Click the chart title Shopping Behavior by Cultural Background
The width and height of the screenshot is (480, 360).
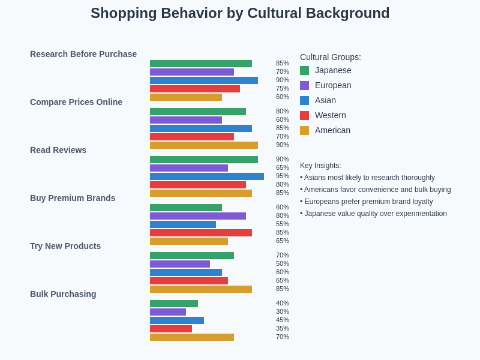tap(240, 13)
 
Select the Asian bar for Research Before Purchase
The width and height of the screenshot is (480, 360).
tap(204, 80)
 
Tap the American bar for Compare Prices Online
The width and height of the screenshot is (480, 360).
tap(204, 145)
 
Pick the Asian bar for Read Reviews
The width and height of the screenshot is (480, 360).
tap(207, 176)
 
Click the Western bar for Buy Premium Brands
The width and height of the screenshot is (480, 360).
tap(201, 233)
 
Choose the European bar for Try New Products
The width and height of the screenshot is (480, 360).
tap(180, 264)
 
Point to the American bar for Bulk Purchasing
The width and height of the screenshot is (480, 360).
tap(192, 337)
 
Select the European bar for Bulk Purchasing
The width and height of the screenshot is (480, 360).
tap(168, 312)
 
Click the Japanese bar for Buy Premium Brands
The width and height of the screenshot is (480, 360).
tap(186, 208)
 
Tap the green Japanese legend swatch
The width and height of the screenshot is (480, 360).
tap(305, 71)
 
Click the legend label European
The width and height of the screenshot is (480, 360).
tap(333, 85)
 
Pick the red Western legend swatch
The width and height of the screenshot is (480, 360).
tap(305, 115)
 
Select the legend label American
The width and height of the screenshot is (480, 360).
tap(332, 130)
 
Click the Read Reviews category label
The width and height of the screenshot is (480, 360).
tap(58, 150)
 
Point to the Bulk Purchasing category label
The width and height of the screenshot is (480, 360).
tap(63, 294)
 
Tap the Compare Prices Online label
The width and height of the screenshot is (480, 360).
tap(76, 102)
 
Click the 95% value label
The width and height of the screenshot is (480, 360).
tap(283, 176)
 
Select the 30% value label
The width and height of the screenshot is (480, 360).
tap(283, 311)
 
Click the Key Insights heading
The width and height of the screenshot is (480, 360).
tap(320, 166)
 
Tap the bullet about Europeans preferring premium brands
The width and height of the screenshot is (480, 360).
tap(367, 202)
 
